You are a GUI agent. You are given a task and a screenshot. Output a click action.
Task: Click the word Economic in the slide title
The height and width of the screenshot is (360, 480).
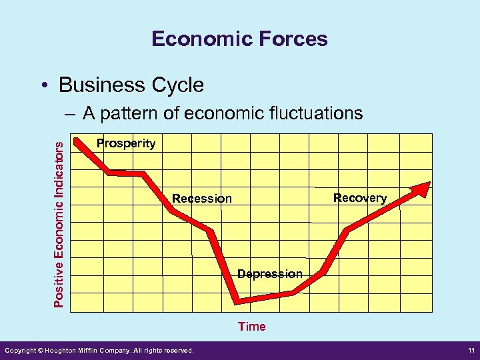coord(194,39)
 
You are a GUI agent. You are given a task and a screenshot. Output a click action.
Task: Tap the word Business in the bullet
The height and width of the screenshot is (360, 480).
coord(101,85)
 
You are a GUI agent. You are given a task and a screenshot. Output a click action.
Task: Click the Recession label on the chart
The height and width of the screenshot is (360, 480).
coord(202,198)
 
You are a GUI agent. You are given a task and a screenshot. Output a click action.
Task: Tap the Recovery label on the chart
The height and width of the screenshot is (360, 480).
coord(360,198)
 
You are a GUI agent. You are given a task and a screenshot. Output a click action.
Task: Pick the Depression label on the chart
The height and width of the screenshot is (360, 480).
coord(270,274)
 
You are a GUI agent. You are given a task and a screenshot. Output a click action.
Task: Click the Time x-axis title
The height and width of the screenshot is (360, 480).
coord(252,327)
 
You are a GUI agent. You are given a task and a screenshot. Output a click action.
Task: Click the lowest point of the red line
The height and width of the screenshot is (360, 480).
coord(237,301)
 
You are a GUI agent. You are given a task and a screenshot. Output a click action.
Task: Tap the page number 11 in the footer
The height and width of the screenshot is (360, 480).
coord(469,351)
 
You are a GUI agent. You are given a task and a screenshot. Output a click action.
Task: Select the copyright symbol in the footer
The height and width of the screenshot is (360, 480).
coord(39,351)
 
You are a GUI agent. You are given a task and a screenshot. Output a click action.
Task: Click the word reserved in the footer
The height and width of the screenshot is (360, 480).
coord(179,351)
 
